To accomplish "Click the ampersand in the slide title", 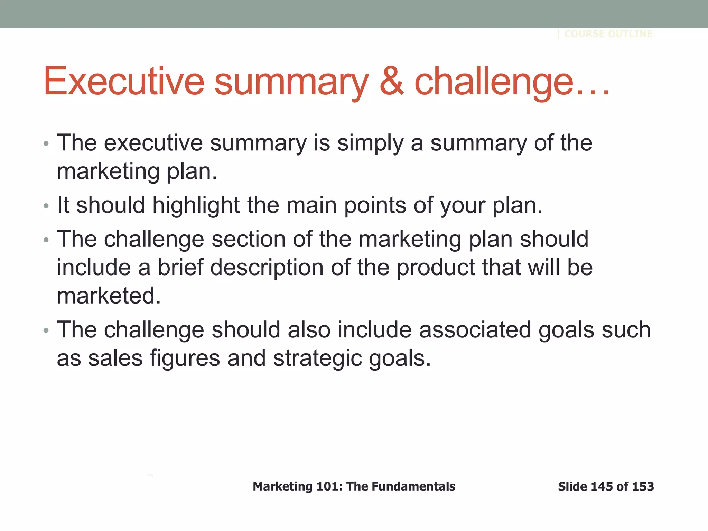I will tap(391, 82).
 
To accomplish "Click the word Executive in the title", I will tap(124, 82).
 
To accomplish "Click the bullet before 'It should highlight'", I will tap(46, 206).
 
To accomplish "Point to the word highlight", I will tap(196, 205).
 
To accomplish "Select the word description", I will tap(267, 268).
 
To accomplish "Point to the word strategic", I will tap(317, 358).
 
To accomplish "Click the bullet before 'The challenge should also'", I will tap(46, 331).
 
